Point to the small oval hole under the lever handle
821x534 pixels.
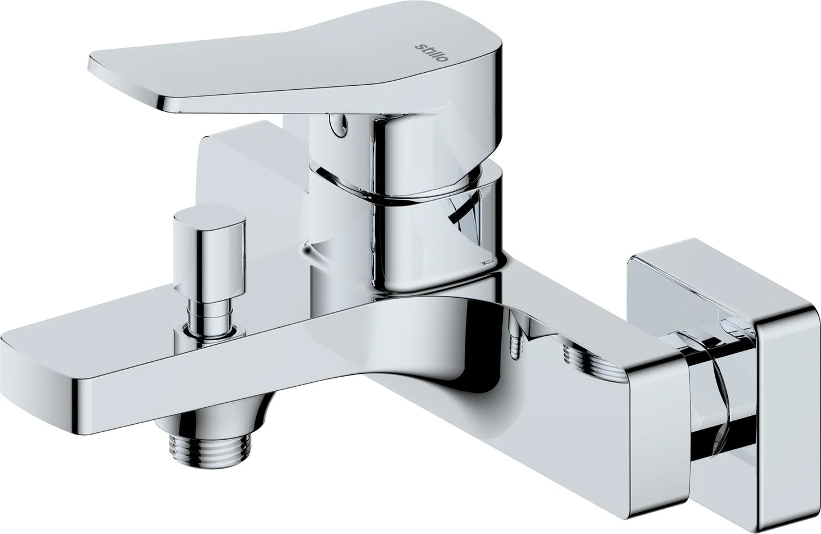pyautogui.click(x=339, y=123)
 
